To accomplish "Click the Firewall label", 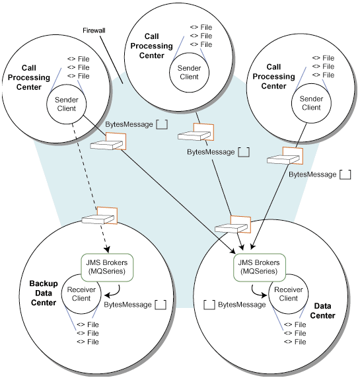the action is [x=94, y=30].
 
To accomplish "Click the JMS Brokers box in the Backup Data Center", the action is [x=107, y=267].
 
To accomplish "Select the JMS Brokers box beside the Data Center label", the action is [x=259, y=267].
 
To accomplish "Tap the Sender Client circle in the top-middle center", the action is [x=189, y=73].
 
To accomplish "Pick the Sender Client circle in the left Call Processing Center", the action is [x=66, y=104].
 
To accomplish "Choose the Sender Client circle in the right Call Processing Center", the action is [x=311, y=103].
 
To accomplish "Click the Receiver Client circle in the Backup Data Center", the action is [x=81, y=294].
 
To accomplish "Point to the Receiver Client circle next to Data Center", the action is [x=288, y=294].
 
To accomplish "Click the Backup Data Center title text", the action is [x=44, y=293].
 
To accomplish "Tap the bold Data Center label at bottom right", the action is [x=322, y=311].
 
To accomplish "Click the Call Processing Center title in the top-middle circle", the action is [x=152, y=46].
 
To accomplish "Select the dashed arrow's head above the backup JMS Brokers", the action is [x=107, y=250].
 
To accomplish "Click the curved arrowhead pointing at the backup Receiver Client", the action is [x=107, y=295].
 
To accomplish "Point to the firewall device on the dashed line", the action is [x=100, y=215].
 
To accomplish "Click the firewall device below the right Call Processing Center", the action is [x=285, y=155].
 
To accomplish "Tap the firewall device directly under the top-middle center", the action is [x=196, y=132].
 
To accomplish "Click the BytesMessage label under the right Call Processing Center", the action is [x=312, y=174].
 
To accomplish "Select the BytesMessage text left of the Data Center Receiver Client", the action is [x=242, y=305].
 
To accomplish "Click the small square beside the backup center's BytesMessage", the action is [x=161, y=305].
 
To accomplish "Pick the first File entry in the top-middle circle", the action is [x=201, y=27].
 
